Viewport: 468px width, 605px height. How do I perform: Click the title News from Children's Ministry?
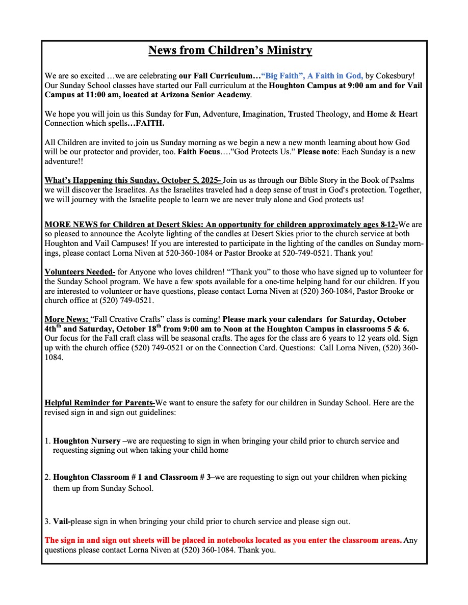[x=230, y=50]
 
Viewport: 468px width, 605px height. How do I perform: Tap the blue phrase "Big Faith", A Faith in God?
[x=312, y=76]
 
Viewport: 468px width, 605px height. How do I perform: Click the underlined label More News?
[x=66, y=319]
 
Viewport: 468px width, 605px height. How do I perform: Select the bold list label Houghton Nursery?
[x=87, y=441]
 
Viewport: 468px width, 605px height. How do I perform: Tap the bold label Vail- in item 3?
[x=62, y=521]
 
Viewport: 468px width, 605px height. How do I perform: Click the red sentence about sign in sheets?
[x=223, y=540]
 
